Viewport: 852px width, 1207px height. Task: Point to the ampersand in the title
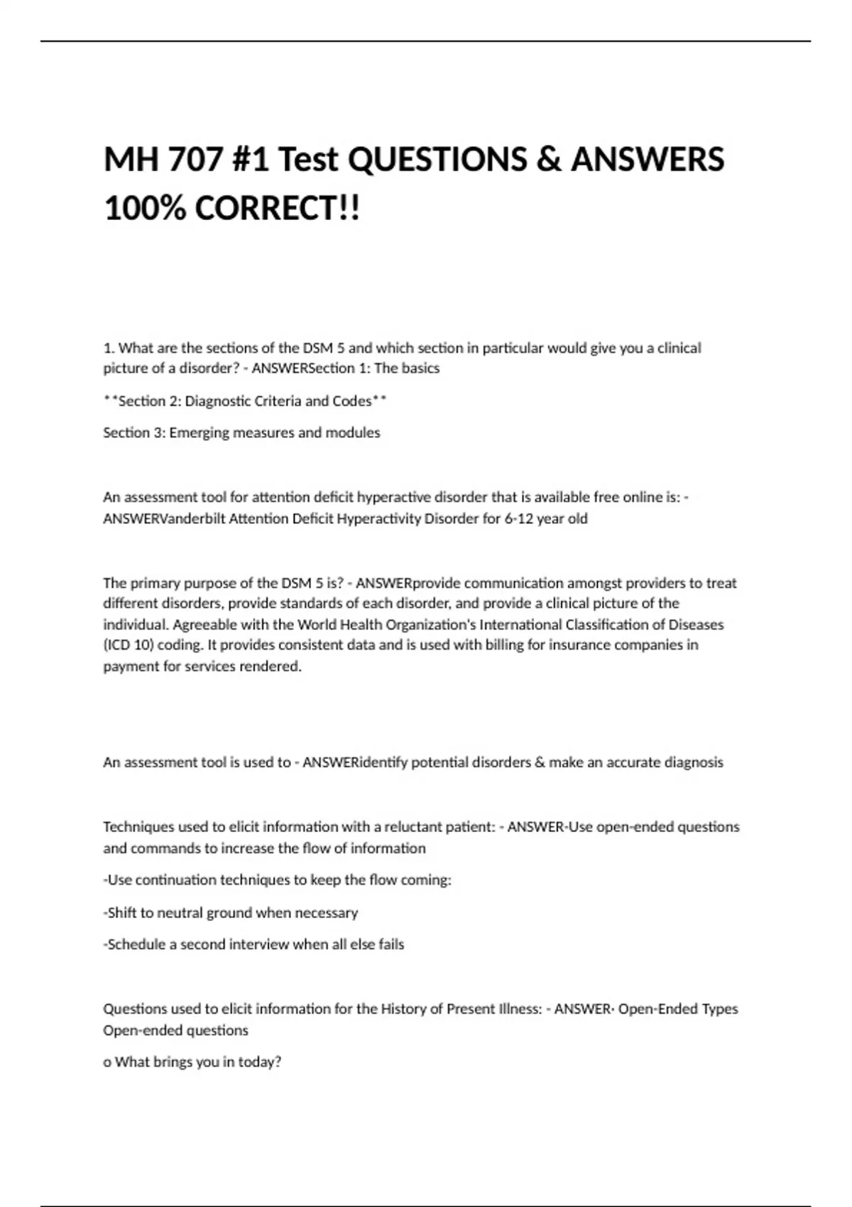pos(549,159)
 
